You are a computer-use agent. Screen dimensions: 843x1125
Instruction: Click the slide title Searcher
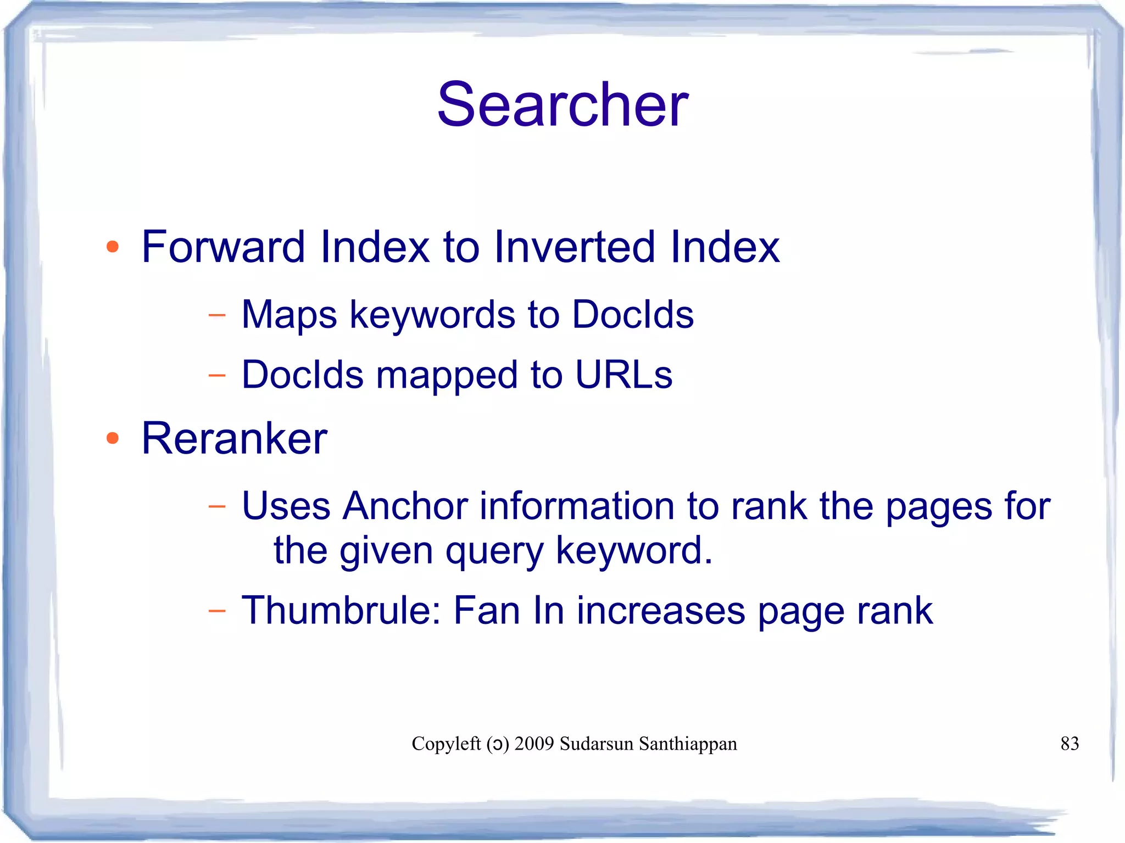pyautogui.click(x=562, y=104)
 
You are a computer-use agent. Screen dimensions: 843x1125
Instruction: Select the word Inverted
pyautogui.click(x=575, y=247)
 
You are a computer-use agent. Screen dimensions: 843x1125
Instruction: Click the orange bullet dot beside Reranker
pyautogui.click(x=113, y=438)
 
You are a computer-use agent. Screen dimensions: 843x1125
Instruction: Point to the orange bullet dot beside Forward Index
pyautogui.click(x=113, y=247)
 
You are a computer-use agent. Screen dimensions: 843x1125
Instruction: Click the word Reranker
pyautogui.click(x=235, y=438)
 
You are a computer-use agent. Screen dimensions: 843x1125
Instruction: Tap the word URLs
pyautogui.click(x=624, y=375)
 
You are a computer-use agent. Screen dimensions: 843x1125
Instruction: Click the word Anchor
pyautogui.click(x=405, y=506)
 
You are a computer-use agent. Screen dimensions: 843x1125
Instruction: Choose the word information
pyautogui.click(x=577, y=506)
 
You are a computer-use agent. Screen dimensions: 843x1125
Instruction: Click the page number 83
pyautogui.click(x=1070, y=744)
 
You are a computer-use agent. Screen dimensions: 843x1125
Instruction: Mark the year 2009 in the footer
pyautogui.click(x=534, y=744)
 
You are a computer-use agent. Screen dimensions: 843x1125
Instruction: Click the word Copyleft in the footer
pyautogui.click(x=446, y=744)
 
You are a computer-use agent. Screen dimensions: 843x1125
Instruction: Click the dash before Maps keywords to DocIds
pyautogui.click(x=217, y=316)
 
